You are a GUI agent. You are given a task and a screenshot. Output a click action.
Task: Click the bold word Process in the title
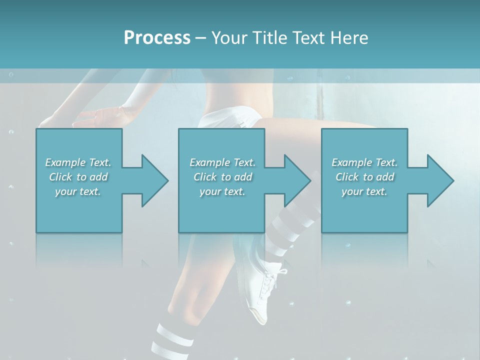157,38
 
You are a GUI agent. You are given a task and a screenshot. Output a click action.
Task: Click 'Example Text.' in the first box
78,162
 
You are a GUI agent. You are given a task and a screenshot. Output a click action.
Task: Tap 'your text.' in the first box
78,191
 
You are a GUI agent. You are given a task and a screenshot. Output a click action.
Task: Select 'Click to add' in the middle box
222,177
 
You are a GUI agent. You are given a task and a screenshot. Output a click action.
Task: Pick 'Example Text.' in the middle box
222,162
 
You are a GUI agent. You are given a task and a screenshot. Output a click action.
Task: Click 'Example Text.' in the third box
364,162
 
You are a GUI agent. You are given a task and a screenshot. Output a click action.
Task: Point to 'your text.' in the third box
364,191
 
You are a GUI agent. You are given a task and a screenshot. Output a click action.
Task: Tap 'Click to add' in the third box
364,177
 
